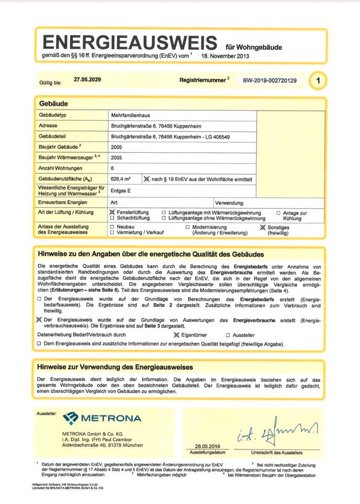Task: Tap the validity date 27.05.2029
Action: point(87,80)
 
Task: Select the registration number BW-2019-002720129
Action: point(270,81)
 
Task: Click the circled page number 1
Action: point(318,81)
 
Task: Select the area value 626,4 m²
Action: point(121,179)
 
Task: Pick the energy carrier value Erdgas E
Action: point(121,191)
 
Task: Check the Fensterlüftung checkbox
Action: point(112,212)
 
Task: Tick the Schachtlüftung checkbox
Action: point(112,218)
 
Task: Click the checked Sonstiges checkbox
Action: point(263,228)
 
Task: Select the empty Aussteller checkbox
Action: point(228,335)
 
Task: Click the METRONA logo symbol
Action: point(70,418)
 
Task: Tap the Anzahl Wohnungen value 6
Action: point(113,168)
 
